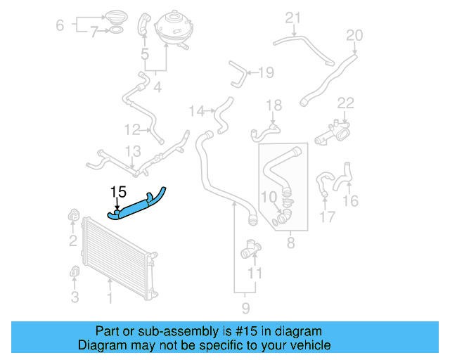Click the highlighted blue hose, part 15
click(138, 205)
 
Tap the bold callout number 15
click(117, 191)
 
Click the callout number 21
click(292, 18)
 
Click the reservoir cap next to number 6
click(115, 16)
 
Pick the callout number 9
click(245, 308)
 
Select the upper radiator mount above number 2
click(73, 215)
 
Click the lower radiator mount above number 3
click(74, 271)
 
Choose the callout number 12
click(133, 129)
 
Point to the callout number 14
click(197, 110)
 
